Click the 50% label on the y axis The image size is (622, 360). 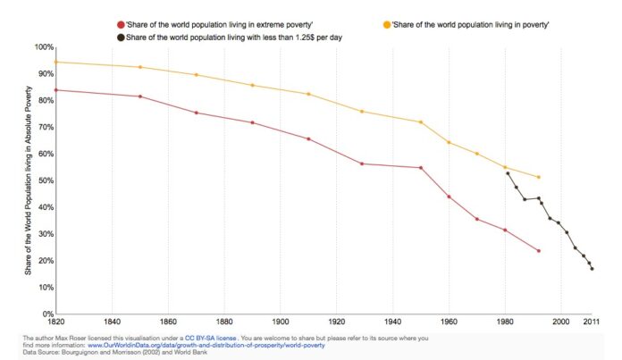pos(42,180)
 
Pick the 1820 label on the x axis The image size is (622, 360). pos(55,322)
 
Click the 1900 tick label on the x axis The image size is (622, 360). pos(281,322)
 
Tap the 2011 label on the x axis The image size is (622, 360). pos(590,322)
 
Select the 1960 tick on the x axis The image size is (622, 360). pos(449,322)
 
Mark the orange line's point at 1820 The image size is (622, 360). pos(55,62)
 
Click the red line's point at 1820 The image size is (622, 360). pos(55,89)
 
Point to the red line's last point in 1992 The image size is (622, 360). pos(539,251)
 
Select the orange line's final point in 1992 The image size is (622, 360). pos(539,177)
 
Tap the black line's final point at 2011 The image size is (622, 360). pos(592,269)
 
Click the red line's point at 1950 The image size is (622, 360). pos(421,168)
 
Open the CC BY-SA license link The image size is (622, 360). pos(208,338)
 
